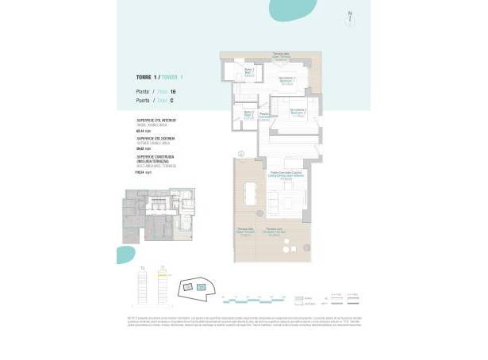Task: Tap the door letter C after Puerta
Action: pos(171,101)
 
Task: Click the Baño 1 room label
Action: pos(248,71)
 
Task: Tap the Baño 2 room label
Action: pos(248,113)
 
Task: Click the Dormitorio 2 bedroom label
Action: pos(298,110)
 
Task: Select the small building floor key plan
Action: pos(156,216)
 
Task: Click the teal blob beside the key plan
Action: pos(125,255)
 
